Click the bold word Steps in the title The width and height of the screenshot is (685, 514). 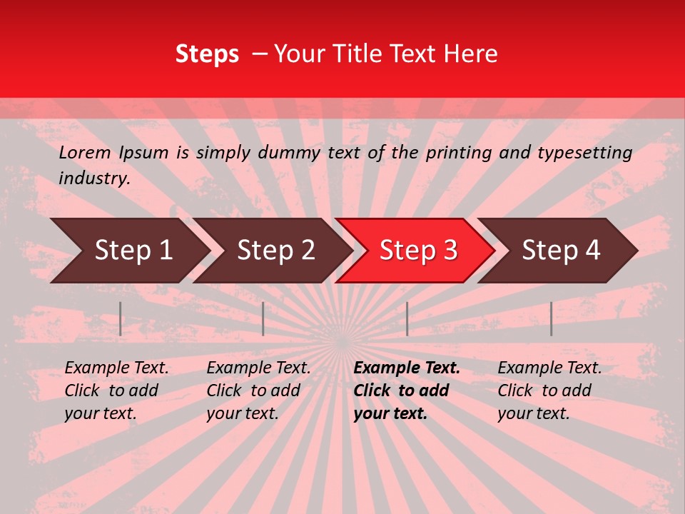[x=207, y=54]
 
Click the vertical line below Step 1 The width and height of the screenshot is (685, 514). [x=121, y=318]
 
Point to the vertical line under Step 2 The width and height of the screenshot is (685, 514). [x=263, y=318]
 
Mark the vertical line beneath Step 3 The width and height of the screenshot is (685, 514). [x=407, y=318]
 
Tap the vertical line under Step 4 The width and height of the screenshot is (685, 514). [x=551, y=318]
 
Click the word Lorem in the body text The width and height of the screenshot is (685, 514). [x=85, y=153]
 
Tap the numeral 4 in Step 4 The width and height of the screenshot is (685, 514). [x=593, y=251]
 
